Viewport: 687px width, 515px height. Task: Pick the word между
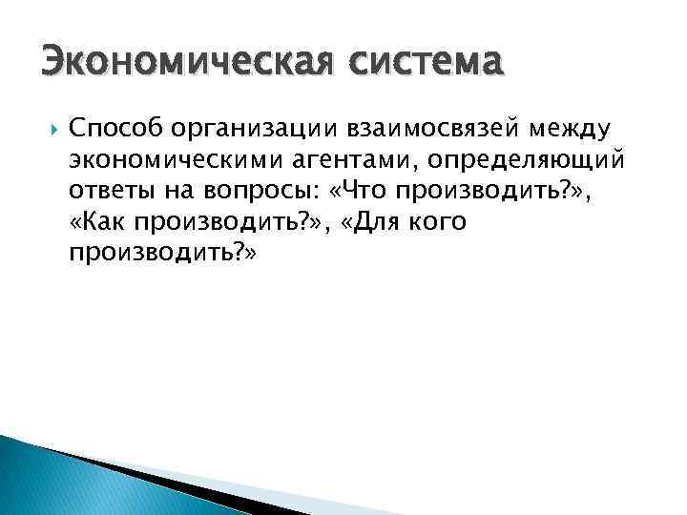(571, 127)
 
